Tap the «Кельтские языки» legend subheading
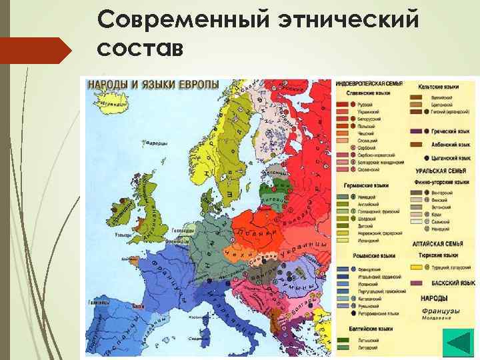pyautogui.click(x=438, y=87)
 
